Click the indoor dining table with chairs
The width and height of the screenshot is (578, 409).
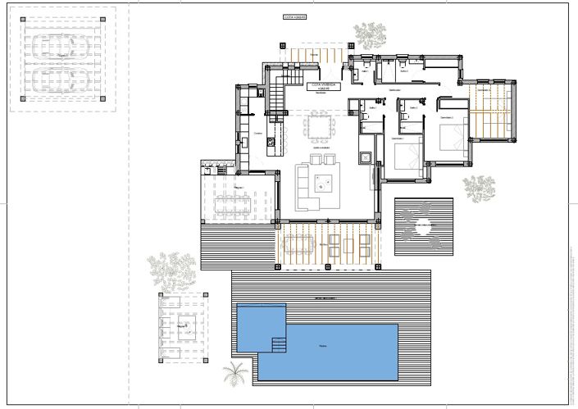coord(319,127)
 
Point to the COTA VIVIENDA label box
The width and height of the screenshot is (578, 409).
coord(321,85)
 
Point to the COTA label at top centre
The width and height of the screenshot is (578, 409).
coord(294,16)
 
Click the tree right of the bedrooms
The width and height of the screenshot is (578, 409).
coord(478,188)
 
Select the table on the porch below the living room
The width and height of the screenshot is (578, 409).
coord(298,244)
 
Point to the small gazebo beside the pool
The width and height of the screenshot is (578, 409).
coord(183,329)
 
